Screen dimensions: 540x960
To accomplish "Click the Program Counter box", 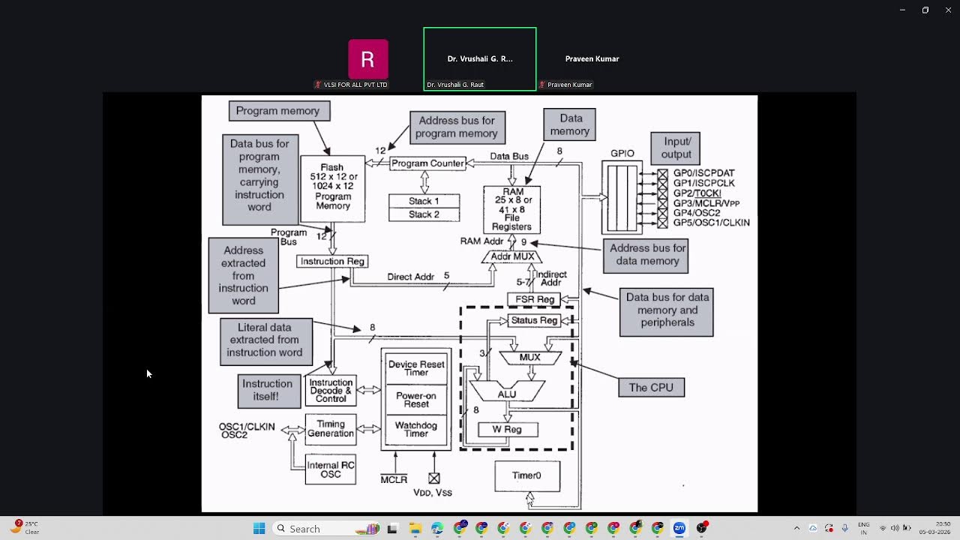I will pos(427,163).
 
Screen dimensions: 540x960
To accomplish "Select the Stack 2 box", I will pos(424,214).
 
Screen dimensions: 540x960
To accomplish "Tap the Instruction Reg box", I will pos(332,261).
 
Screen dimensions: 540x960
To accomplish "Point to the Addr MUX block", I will pos(512,256).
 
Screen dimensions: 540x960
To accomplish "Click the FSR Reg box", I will pos(535,299).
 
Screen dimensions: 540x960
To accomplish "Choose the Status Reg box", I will pos(534,320).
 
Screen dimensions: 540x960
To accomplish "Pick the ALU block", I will pos(507,392).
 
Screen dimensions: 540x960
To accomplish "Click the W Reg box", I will pos(508,430).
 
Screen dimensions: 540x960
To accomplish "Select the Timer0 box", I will pos(526,475).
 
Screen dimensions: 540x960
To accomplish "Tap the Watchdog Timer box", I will pos(416,430).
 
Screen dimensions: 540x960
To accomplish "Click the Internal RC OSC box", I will pos(330,469).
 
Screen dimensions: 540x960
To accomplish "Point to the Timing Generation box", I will pos(330,428).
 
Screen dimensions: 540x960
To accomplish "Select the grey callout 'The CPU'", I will pos(651,388).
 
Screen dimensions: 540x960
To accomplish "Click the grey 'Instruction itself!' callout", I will pos(267,390).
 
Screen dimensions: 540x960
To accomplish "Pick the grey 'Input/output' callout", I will pos(676,148).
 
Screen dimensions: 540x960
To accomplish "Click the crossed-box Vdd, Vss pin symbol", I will pos(433,478).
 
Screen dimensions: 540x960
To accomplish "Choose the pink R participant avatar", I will pos(367,59).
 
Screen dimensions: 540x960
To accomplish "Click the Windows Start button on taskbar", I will pos(259,529).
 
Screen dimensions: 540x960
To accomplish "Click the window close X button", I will pos(947,10).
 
